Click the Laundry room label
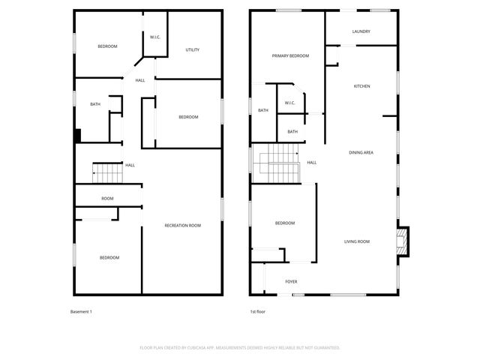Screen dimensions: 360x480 click(361, 31)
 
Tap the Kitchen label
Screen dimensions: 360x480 click(362, 86)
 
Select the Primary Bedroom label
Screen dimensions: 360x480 click(290, 55)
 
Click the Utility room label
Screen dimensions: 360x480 click(193, 50)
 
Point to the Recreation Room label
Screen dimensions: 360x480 click(183, 225)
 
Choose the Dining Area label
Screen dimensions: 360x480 click(361, 152)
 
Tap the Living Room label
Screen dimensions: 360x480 click(357, 241)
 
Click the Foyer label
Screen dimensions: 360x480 click(291, 282)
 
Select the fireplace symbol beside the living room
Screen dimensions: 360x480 click(403, 241)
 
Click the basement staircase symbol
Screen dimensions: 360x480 click(107, 172)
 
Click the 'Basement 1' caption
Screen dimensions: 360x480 click(81, 311)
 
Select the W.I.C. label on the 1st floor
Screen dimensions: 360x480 click(290, 103)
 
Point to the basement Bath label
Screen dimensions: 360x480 click(95, 104)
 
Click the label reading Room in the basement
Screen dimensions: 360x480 click(108, 198)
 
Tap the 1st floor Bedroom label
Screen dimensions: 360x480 click(285, 223)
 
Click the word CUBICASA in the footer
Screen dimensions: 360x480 click(195, 348)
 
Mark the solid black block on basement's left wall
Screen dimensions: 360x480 click(76, 136)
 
